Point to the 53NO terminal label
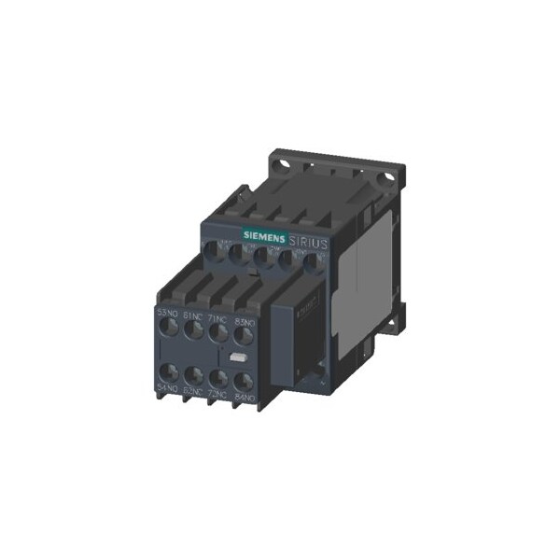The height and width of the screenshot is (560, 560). tap(168, 313)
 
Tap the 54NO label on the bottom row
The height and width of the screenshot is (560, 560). tap(168, 386)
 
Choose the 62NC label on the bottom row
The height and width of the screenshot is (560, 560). tap(193, 389)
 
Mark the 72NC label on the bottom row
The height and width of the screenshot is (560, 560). tap(217, 392)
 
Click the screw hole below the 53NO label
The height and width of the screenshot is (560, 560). tap(170, 329)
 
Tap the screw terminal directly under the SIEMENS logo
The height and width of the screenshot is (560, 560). tap(262, 252)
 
